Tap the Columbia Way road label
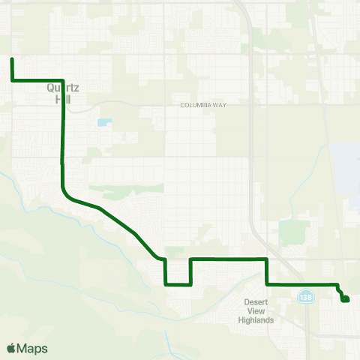[203, 105]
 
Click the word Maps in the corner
[34, 348]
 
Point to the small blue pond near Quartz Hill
[103, 121]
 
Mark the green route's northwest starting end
[12, 59]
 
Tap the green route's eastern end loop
[345, 299]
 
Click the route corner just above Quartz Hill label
[62, 79]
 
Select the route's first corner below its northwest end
[12, 79]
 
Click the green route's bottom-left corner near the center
[165, 284]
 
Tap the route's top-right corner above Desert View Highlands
[267, 259]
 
